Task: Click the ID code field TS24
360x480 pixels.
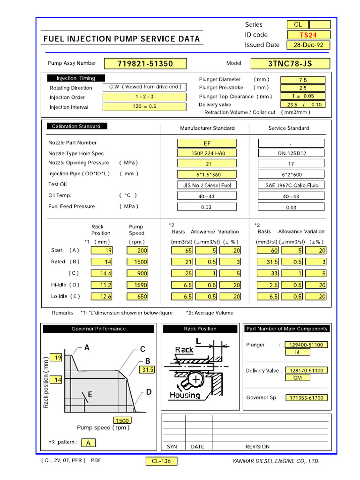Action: (308, 35)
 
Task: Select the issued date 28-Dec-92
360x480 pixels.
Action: (308, 45)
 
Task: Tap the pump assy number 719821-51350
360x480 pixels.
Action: (145, 64)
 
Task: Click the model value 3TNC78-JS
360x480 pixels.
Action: (290, 64)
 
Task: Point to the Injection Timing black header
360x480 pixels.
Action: (76, 78)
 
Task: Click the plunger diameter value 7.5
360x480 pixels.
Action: (303, 80)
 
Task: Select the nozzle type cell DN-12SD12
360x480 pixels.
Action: (291, 153)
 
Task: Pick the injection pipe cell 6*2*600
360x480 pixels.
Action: (291, 174)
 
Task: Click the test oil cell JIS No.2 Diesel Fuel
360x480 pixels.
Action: (207, 185)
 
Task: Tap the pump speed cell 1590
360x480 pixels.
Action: (137, 285)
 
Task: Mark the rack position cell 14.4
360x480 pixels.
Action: (102, 273)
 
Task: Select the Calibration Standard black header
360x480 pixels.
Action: (76, 126)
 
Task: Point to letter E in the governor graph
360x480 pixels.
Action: (90, 395)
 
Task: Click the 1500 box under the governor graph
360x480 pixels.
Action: (122, 420)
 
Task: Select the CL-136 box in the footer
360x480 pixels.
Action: (161, 461)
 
